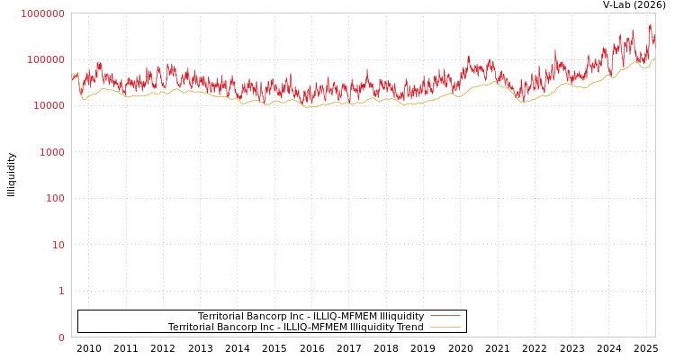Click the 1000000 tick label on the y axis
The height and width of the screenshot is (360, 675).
pos(42,13)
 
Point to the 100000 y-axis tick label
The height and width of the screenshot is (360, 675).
pos(45,59)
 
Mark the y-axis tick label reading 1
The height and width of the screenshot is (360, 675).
pos(61,291)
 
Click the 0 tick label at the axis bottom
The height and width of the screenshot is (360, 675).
pos(61,337)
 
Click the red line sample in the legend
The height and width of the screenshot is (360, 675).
pos(445,316)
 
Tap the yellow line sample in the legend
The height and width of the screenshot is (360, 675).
pos(445,327)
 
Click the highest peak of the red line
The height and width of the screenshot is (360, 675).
pos(650,25)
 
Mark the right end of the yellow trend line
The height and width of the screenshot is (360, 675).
pos(654,58)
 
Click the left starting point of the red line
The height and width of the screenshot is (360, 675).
pos(72,77)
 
